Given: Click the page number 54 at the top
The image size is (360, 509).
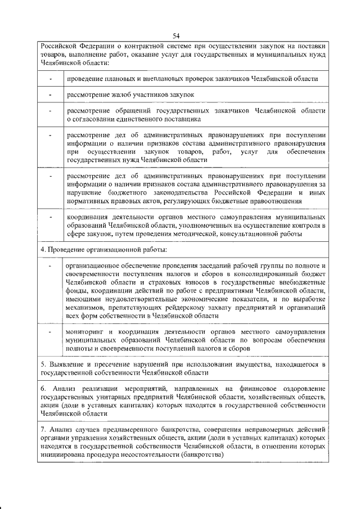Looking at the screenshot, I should pyautogui.click(x=180, y=35).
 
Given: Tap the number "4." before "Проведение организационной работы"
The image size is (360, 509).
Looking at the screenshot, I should pyautogui.click(x=43, y=249).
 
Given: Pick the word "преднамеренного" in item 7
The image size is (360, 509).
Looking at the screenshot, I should pyautogui.click(x=123, y=430).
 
